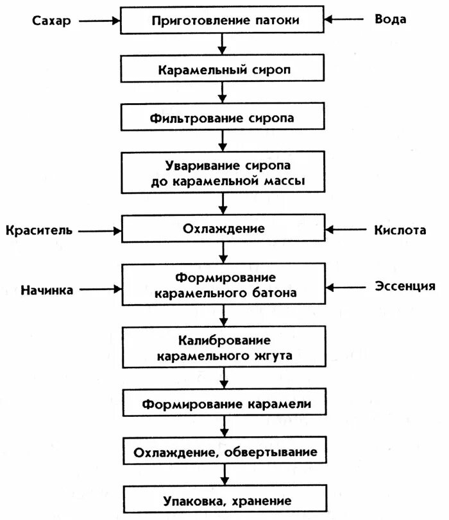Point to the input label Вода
tap(390, 19)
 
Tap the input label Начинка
tap(46, 289)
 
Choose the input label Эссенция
tap(405, 286)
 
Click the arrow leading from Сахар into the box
tap(99, 20)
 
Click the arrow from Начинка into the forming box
tap(99, 289)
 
